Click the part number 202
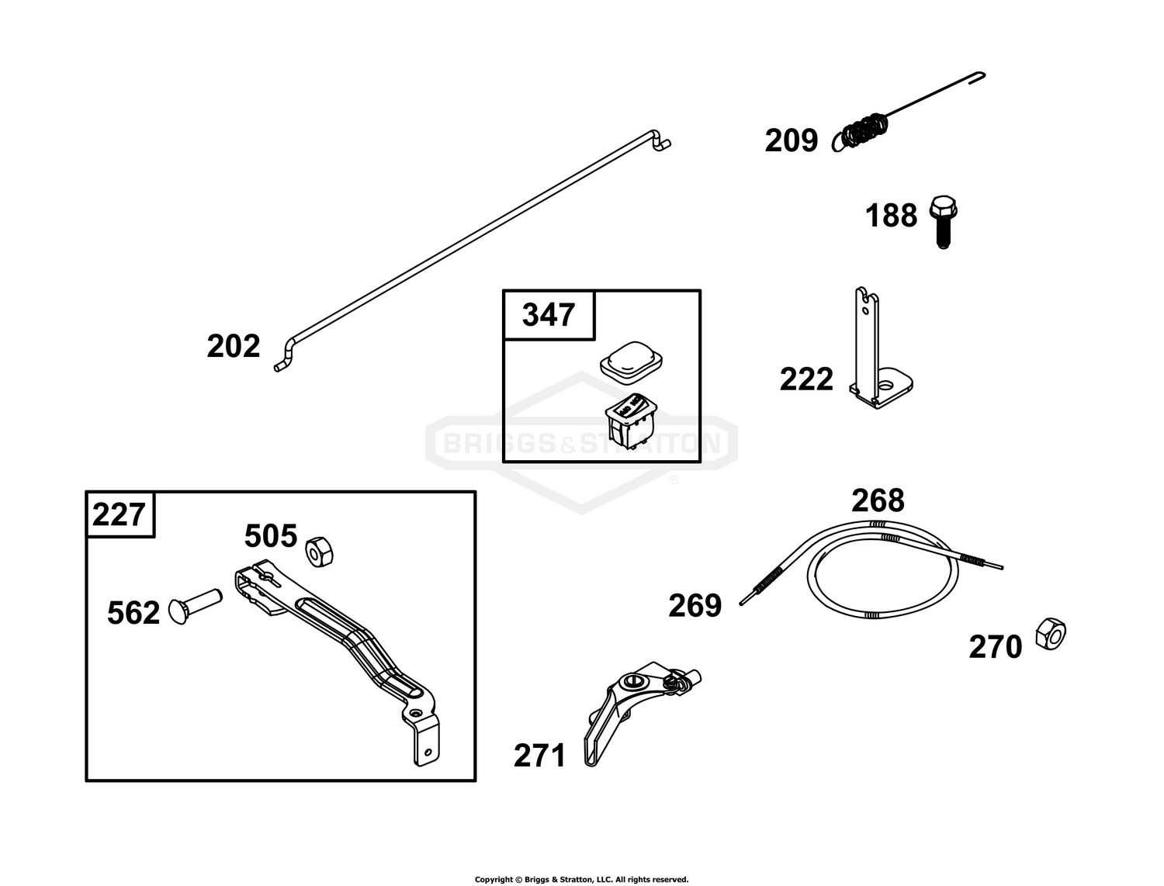[234, 346]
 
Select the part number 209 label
[792, 140]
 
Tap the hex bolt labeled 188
[943, 222]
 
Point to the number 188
[891, 215]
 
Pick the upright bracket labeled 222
[880, 348]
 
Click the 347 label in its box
[549, 315]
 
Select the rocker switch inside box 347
[632, 421]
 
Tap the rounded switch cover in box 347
[631, 362]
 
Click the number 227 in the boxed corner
[119, 514]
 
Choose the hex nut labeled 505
[320, 552]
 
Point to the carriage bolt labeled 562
[195, 605]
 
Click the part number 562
[133, 613]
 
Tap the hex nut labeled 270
[1051, 634]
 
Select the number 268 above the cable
[878, 500]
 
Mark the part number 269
[695, 605]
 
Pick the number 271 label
[540, 756]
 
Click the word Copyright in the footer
[494, 880]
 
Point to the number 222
[806, 379]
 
